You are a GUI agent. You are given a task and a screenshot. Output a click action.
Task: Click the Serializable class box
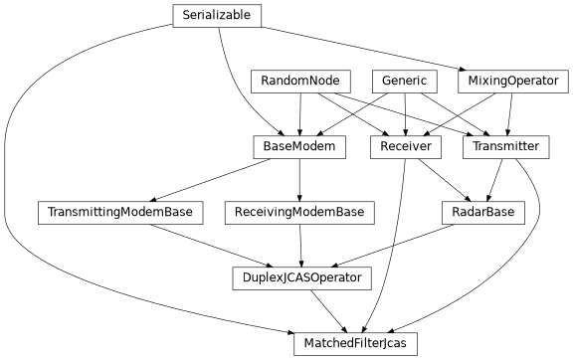[x=217, y=16]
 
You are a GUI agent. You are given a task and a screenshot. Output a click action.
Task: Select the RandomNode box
[x=300, y=82]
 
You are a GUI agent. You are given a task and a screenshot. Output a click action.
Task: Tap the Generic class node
[x=404, y=82]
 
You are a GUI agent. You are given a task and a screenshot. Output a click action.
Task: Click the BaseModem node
[x=299, y=147]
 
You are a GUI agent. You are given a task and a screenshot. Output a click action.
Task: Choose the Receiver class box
[x=405, y=147]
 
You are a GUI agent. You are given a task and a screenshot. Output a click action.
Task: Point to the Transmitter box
[x=506, y=147]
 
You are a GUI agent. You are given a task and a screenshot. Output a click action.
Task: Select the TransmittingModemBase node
[x=120, y=213]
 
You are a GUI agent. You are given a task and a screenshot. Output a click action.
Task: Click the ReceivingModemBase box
[x=299, y=213]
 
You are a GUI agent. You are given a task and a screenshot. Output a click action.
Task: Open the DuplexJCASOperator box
[x=301, y=278]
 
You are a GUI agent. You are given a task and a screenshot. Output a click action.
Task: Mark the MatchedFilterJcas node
[x=355, y=344]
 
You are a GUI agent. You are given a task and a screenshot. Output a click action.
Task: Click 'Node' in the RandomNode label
[x=324, y=82]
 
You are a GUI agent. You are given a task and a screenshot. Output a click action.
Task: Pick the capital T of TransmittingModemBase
[x=50, y=213]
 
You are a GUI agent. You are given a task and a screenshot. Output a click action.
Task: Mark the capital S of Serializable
[x=186, y=16]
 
